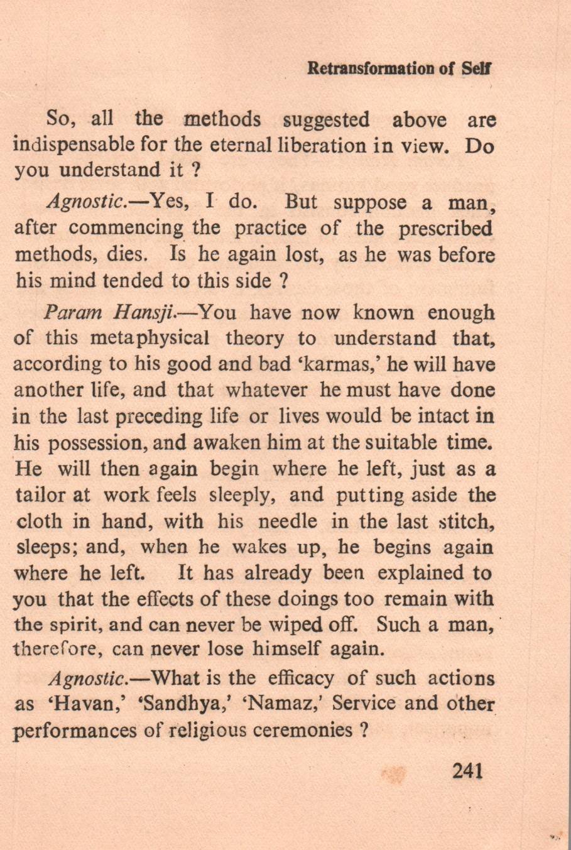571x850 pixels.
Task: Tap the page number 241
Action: coord(467,770)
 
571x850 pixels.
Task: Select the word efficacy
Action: coord(300,678)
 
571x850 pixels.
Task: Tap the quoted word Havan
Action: coord(71,704)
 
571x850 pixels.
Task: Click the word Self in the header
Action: coord(477,68)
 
